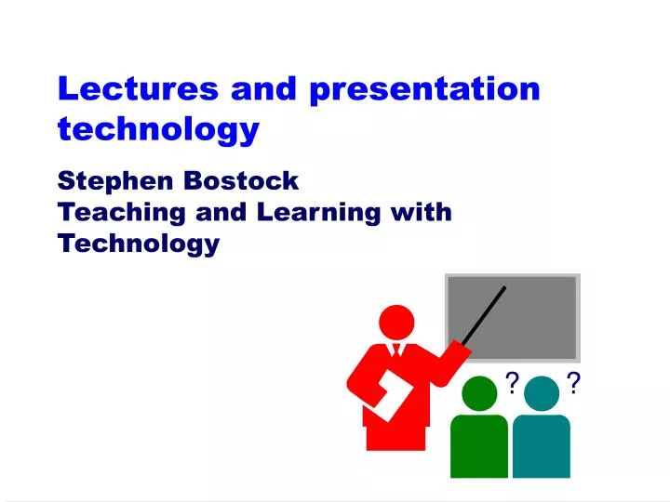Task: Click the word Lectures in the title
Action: click(137, 88)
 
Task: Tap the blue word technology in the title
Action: click(157, 129)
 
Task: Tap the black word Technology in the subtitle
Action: click(139, 244)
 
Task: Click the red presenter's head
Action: click(397, 322)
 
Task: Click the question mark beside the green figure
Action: click(513, 381)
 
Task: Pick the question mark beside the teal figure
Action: click(574, 381)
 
